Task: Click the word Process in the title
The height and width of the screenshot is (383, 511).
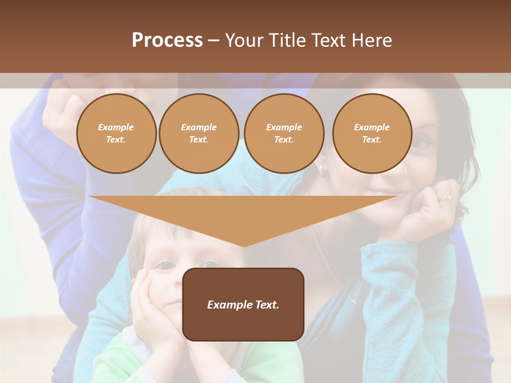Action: coord(167,40)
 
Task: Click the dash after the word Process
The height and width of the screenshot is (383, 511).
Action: coord(213,41)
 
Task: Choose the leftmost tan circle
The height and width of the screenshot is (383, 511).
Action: coord(116,134)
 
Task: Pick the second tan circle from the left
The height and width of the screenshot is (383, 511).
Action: coord(199,134)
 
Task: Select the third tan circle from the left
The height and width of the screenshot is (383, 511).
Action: coord(284,134)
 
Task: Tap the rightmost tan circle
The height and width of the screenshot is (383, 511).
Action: coord(372,134)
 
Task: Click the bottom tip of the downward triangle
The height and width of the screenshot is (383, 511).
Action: coord(243,245)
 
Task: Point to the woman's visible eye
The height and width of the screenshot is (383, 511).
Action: coord(421,141)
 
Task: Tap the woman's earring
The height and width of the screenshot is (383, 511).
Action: coord(321,170)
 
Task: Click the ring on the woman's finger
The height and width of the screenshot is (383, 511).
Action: coord(446,199)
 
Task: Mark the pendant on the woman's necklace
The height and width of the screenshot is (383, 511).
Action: coord(353,299)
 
